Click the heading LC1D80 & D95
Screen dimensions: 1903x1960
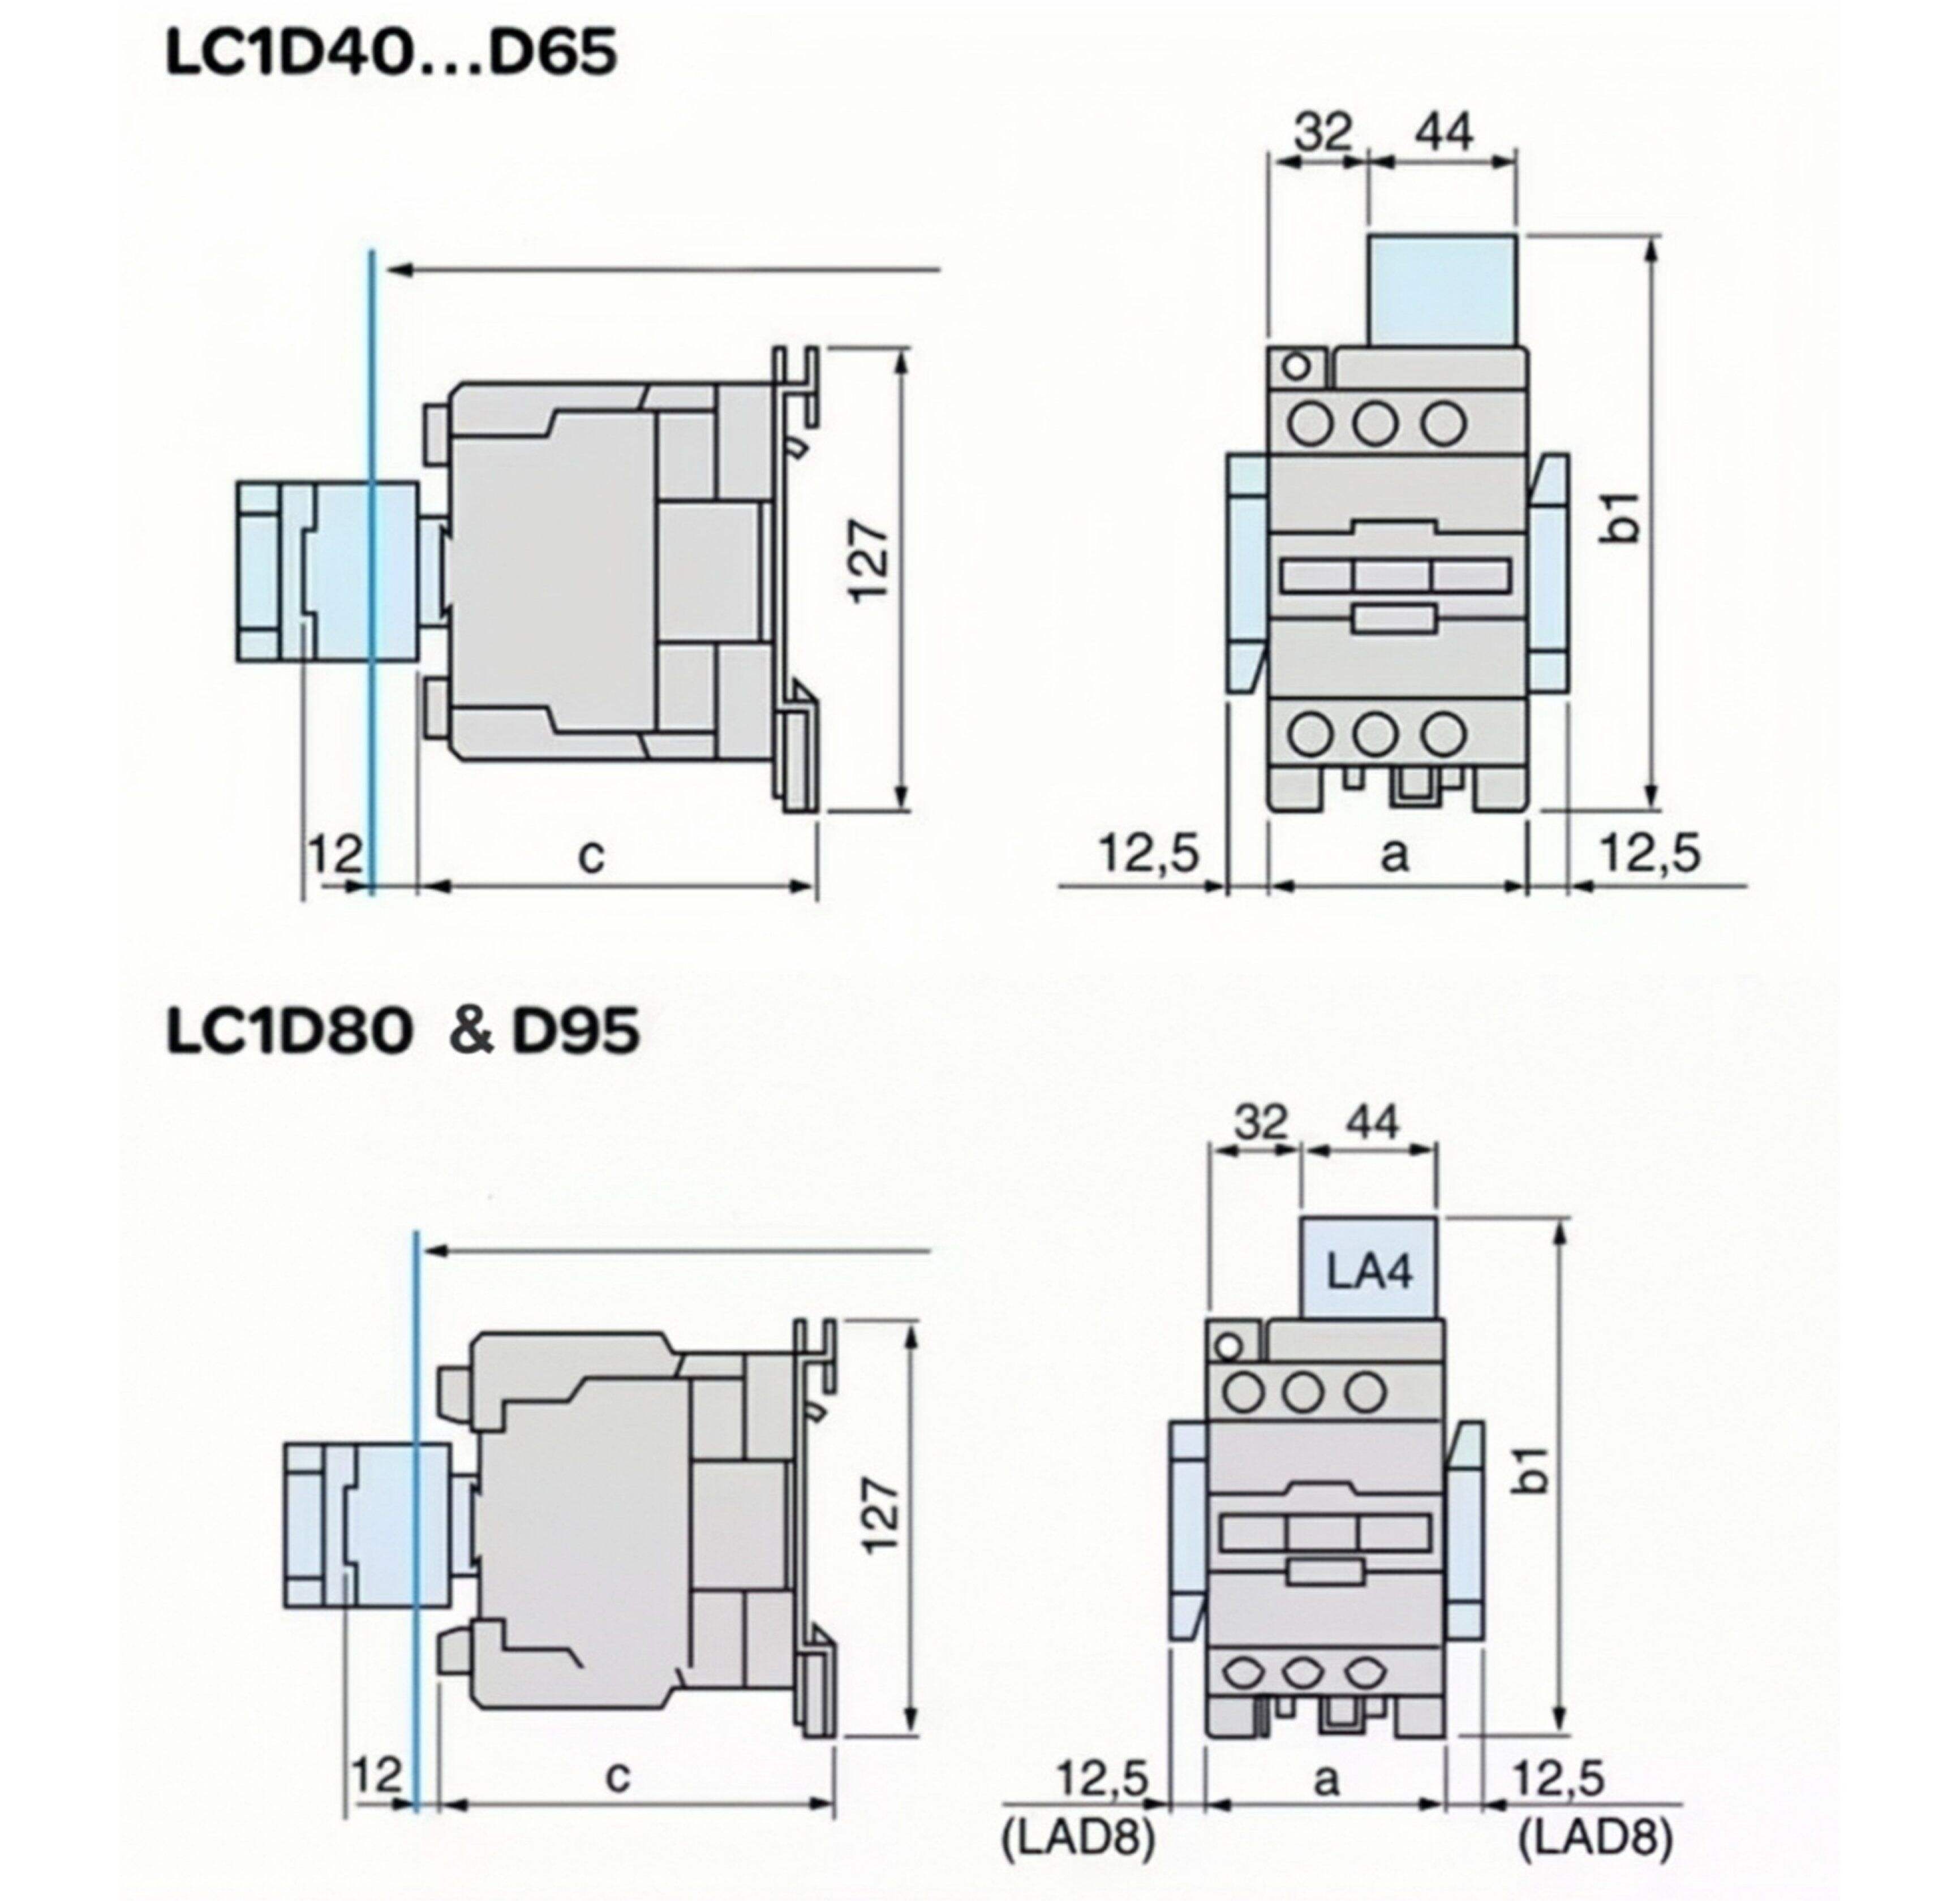(402, 1031)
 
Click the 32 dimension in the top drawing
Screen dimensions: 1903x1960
(1323, 132)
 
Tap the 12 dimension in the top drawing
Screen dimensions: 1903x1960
(334, 855)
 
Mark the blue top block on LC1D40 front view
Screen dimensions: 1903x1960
(1442, 290)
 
